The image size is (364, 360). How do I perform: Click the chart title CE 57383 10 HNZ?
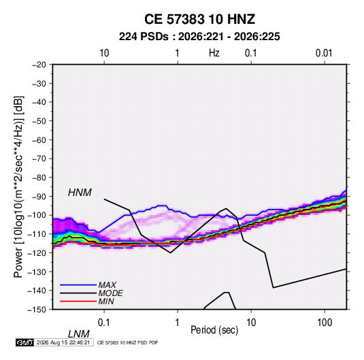pyautogui.click(x=199, y=19)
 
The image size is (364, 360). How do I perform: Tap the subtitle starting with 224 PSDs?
pyautogui.click(x=199, y=37)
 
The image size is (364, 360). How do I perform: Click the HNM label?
pyautogui.click(x=80, y=193)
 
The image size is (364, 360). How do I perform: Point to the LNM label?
pyautogui.click(x=79, y=334)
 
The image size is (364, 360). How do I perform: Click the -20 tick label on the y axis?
pyautogui.click(x=39, y=65)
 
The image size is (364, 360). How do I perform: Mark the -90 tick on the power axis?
pyautogui.click(x=39, y=197)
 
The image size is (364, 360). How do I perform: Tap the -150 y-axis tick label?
pyautogui.click(x=37, y=310)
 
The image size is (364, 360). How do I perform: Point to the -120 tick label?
pyautogui.click(x=37, y=253)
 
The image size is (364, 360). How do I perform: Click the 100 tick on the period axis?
pyautogui.click(x=325, y=323)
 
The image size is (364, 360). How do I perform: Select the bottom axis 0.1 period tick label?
pyautogui.click(x=104, y=323)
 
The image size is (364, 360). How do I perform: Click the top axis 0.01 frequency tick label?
pyautogui.click(x=324, y=53)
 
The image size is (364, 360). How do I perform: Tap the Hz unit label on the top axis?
pyautogui.click(x=214, y=53)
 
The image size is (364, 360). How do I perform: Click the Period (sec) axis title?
pyautogui.click(x=214, y=330)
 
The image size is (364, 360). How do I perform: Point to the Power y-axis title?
pyautogui.click(x=18, y=187)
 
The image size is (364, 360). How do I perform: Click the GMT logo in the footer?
pyautogui.click(x=24, y=342)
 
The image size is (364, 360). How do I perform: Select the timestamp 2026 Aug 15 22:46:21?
pyautogui.click(x=63, y=342)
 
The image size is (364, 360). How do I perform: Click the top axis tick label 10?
pyautogui.click(x=104, y=53)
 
